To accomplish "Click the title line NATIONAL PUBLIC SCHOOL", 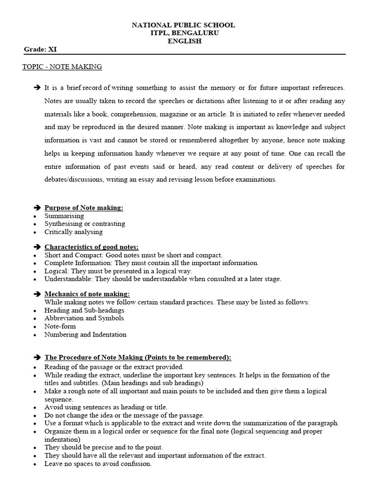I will (184, 25).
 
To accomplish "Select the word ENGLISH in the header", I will (184, 41).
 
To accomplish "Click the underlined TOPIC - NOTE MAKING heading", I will (62, 67).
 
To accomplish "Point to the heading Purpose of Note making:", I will (84, 208).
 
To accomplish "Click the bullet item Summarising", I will (64, 216).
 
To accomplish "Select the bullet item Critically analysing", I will (73, 232).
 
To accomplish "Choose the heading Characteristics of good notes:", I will (92, 247).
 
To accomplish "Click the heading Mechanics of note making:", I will (87, 294).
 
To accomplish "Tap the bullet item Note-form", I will (60, 326).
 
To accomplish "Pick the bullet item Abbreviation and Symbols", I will (84, 318).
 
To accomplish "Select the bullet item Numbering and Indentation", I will (85, 334).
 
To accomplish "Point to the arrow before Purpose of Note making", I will (37, 208).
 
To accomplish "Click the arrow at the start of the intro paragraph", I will (37, 88).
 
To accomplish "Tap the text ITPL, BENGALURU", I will (184, 33).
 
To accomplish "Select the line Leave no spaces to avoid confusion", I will (98, 464).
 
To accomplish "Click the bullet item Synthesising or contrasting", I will (85, 223).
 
